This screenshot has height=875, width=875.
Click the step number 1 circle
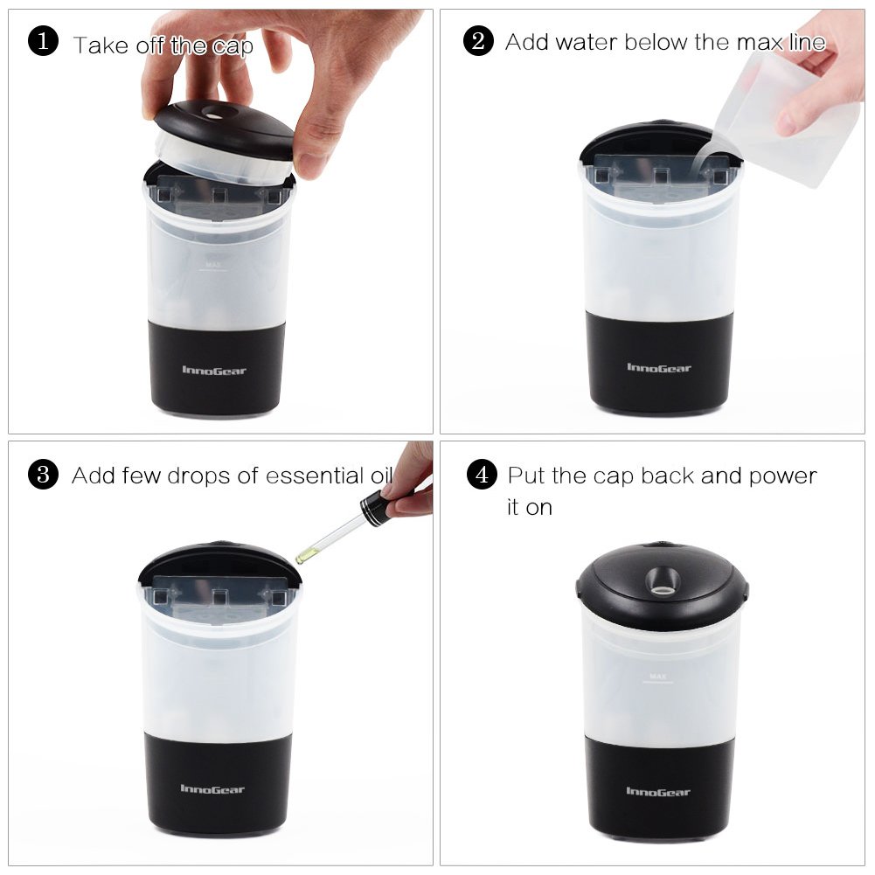[x=43, y=41]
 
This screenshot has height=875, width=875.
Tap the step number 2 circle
[x=478, y=41]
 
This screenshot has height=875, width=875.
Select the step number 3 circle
[x=43, y=475]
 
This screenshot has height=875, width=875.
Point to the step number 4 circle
[x=482, y=475]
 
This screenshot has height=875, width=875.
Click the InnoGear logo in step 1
[x=214, y=370]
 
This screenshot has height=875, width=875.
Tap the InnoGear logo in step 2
[x=658, y=367]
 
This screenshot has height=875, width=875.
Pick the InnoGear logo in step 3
[x=212, y=788]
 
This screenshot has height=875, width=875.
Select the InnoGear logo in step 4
[x=658, y=791]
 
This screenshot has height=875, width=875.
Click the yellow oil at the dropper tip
[x=303, y=555]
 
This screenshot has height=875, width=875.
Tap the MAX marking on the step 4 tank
[x=658, y=677]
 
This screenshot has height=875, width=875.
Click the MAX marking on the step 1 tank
[x=213, y=265]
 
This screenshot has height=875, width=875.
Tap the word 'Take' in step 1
[x=101, y=45]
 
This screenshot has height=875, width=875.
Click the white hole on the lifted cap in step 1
[x=212, y=115]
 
